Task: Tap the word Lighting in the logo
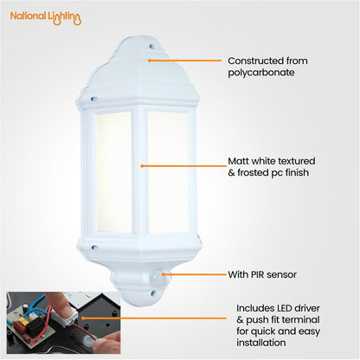pyautogui.click(x=65, y=17)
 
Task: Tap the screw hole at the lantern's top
pyautogui.click(x=153, y=47)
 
